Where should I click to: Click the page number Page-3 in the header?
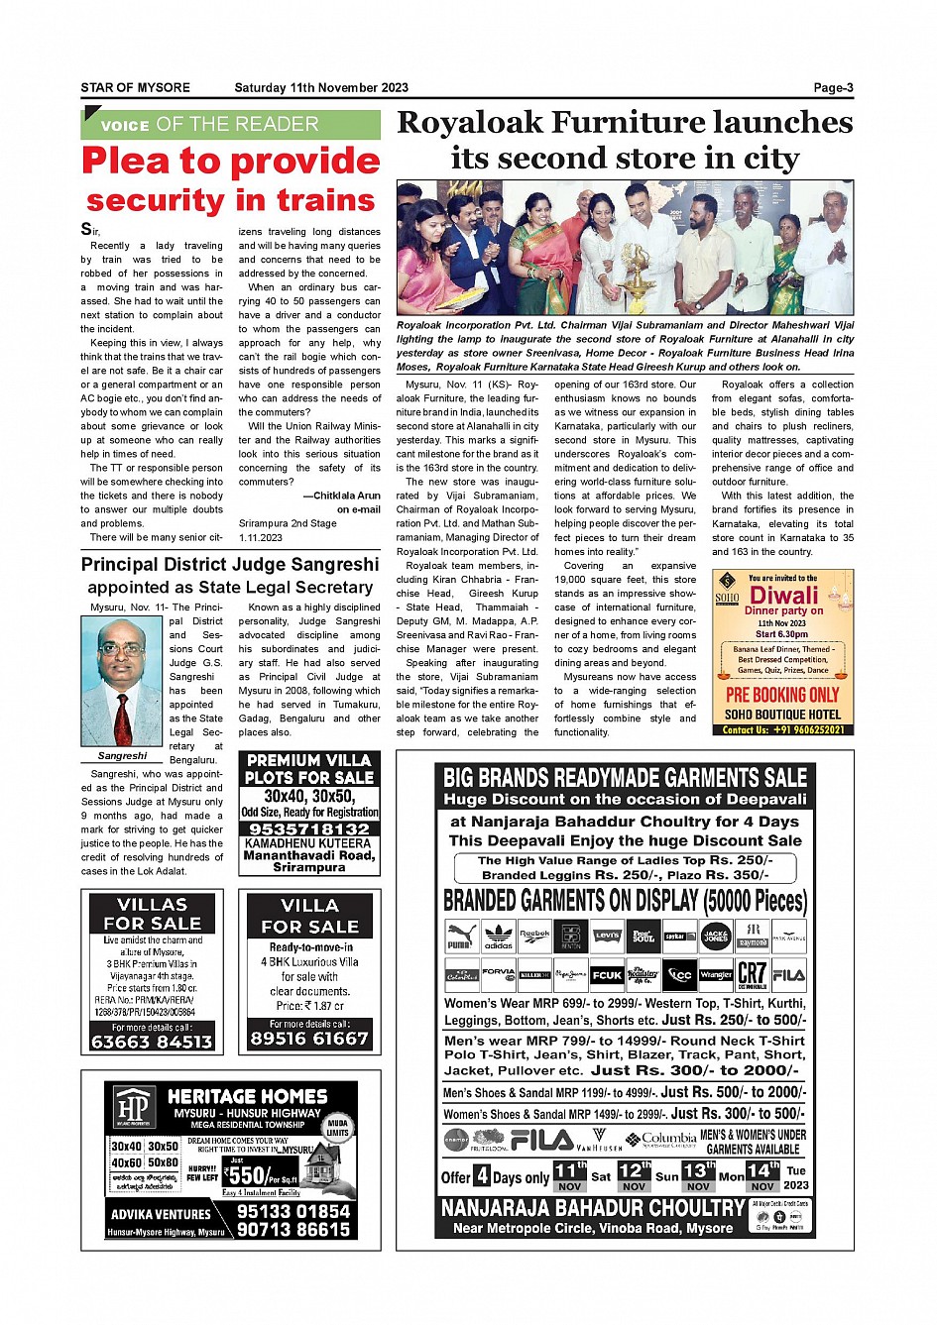[x=833, y=88]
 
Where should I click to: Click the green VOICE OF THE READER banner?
[x=230, y=125]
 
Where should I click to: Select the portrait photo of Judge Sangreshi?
[x=122, y=682]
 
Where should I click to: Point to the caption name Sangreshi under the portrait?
[x=122, y=755]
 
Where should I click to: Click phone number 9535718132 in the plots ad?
[x=309, y=828]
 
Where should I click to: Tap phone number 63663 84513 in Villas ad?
[x=152, y=1042]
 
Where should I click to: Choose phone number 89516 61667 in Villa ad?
[x=309, y=1038]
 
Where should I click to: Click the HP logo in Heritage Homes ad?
[x=133, y=1107]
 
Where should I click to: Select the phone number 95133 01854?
[x=293, y=1211]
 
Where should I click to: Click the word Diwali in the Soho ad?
[x=784, y=596]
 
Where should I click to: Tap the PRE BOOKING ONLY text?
[x=782, y=695]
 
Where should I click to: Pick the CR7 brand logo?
[x=752, y=974]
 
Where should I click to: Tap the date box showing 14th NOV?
[x=762, y=1176]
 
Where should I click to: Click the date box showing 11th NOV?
[x=569, y=1176]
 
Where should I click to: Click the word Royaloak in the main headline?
[x=469, y=123]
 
